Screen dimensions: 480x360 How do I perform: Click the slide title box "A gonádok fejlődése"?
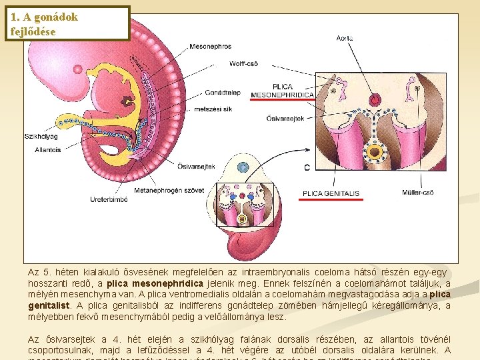[x=66, y=24]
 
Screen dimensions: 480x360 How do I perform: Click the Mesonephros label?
[x=210, y=47]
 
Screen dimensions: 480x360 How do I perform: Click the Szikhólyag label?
[x=42, y=136]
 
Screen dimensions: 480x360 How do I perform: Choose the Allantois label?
[x=48, y=150]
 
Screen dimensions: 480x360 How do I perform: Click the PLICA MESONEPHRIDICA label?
[x=282, y=91]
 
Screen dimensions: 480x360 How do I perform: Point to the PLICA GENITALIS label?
[x=331, y=193]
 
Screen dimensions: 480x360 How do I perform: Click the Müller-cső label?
[x=418, y=193]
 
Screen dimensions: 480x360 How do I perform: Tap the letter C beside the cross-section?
[x=307, y=167]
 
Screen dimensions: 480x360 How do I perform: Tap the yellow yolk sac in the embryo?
[x=80, y=121]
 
